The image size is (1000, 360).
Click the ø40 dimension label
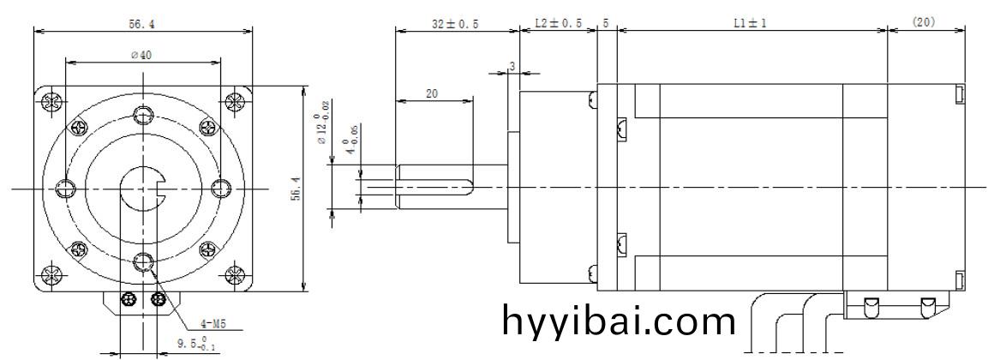pos(141,56)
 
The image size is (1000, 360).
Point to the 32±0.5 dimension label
pos(455,24)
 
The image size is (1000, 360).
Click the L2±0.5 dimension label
pos(558,23)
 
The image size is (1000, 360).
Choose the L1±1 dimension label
pos(750,23)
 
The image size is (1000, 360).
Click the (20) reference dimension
pos(924,21)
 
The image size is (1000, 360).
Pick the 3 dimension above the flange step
pos(512,66)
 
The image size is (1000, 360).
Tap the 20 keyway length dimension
pos(432,93)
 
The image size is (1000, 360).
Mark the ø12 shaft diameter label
pos(323,128)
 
